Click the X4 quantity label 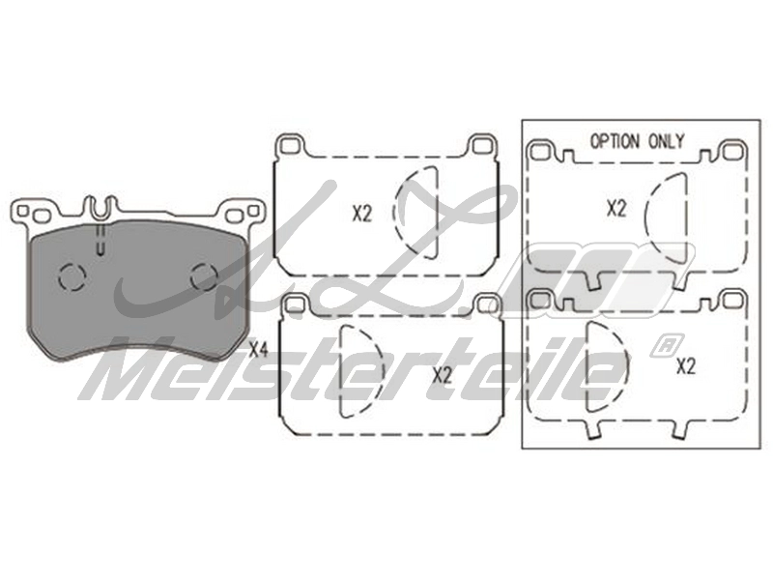(258, 350)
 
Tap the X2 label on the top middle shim (361, 214)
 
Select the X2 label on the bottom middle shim (442, 376)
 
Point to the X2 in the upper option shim (616, 209)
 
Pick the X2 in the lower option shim (686, 366)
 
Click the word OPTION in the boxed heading (615, 141)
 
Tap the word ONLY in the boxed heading (666, 141)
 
